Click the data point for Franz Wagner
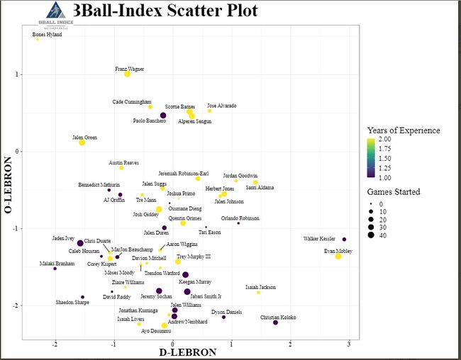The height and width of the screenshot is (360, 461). [x=128, y=74]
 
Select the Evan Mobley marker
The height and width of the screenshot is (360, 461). [x=338, y=257]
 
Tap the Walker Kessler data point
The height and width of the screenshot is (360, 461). [x=344, y=240]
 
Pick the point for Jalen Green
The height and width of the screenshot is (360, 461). [x=82, y=142]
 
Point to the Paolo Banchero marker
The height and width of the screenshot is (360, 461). [x=163, y=116]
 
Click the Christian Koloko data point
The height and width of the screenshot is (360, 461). [x=275, y=323]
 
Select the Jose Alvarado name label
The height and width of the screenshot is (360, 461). [x=222, y=106]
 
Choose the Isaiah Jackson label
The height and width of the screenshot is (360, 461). [x=260, y=287]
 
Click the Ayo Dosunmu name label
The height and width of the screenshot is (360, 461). [x=155, y=331]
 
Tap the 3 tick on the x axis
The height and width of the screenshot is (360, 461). [x=348, y=345]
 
